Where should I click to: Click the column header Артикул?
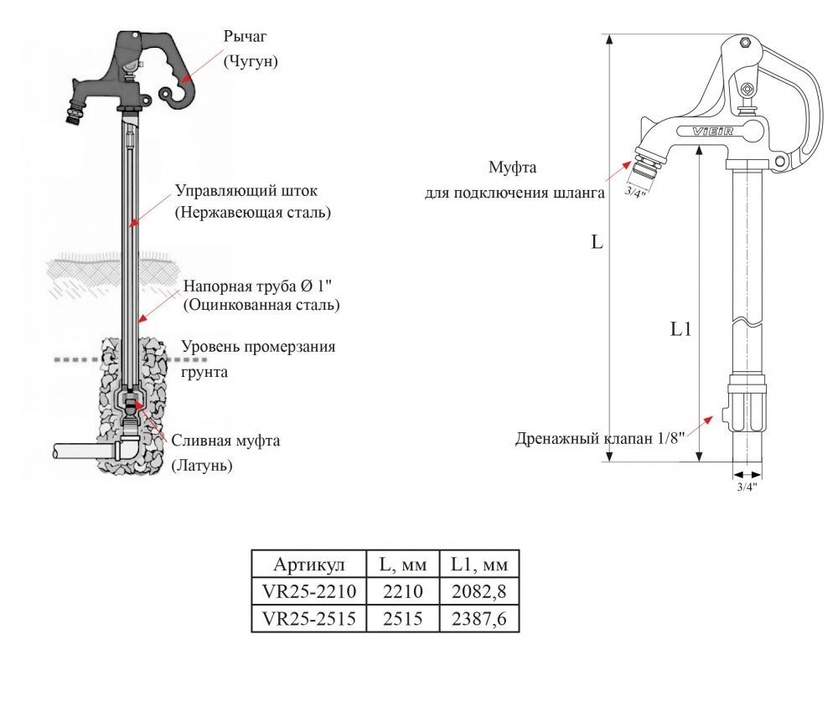[309, 563]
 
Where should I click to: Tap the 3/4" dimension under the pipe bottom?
[747, 486]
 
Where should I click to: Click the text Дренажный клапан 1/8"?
[600, 438]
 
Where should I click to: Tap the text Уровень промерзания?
[258, 347]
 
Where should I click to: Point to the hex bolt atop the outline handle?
[743, 43]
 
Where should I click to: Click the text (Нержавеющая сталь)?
[252, 213]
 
